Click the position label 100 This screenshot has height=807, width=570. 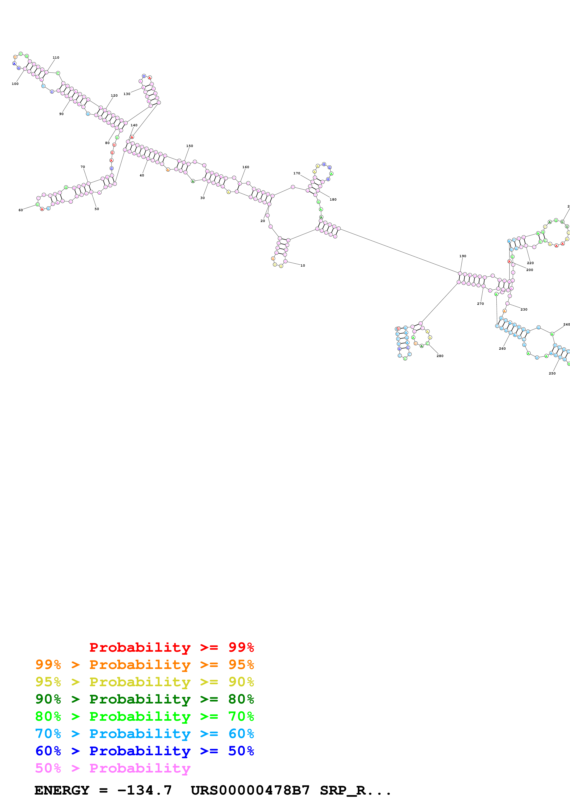(15, 84)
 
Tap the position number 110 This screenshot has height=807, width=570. (56, 58)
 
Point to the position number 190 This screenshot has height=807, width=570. (463, 256)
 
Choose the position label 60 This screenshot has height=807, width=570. (21, 210)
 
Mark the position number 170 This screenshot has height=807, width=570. (297, 173)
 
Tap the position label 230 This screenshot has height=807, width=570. (524, 310)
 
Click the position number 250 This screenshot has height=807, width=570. (552, 374)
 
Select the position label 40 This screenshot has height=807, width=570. (142, 175)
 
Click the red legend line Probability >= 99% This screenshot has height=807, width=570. (171, 647)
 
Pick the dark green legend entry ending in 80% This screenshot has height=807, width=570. (144, 699)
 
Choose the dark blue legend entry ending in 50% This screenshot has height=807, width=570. (144, 751)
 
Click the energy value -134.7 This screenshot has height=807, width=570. (144, 790)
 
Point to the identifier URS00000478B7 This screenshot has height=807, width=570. (250, 790)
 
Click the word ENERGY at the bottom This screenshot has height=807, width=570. (62, 790)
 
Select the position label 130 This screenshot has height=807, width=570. (127, 94)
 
